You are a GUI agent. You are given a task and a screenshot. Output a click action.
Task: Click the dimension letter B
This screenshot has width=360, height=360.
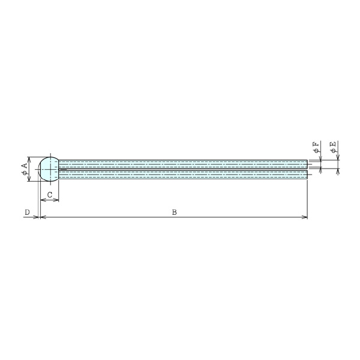(175, 212)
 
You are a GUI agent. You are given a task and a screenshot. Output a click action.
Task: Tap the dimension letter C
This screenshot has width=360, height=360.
(50, 195)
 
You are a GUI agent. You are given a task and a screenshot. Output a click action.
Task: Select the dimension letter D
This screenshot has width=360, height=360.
(27, 212)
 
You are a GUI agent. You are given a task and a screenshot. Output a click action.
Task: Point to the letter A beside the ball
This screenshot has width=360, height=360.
(25, 166)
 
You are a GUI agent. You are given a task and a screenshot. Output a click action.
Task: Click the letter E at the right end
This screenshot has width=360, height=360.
(332, 144)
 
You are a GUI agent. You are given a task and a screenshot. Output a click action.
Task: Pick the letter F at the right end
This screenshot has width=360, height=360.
(316, 145)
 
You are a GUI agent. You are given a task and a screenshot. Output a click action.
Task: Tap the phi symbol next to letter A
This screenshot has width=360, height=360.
(25, 173)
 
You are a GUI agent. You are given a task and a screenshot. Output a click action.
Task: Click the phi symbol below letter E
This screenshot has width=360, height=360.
(333, 151)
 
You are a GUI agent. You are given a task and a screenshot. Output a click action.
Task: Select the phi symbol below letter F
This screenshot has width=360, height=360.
(316, 151)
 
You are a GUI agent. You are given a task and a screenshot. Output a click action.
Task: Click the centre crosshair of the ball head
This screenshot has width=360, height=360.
(50, 169)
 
